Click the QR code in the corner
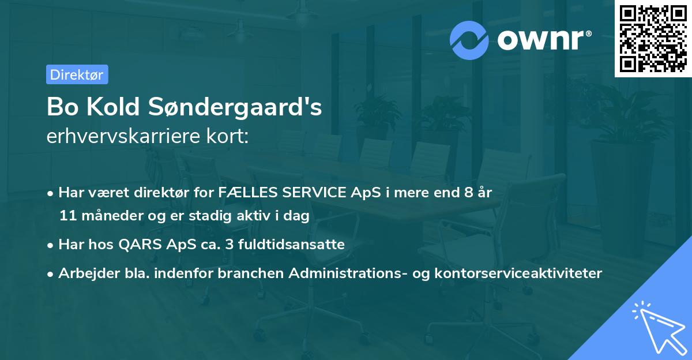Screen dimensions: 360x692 (653, 38)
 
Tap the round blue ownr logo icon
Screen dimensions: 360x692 (469, 40)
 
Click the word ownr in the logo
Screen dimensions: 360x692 (541, 39)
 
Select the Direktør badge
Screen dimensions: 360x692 (77, 74)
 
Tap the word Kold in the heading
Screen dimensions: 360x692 (117, 107)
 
